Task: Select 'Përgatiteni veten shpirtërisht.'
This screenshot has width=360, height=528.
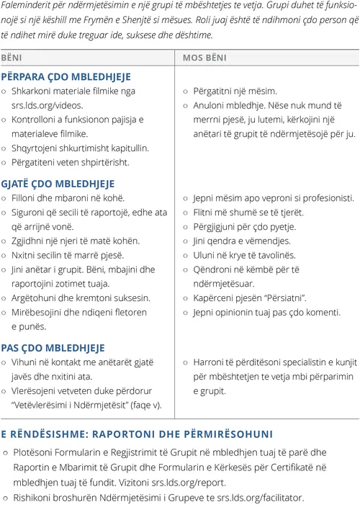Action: tap(70, 162)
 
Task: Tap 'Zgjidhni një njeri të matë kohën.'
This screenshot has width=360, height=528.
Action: tap(75, 241)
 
